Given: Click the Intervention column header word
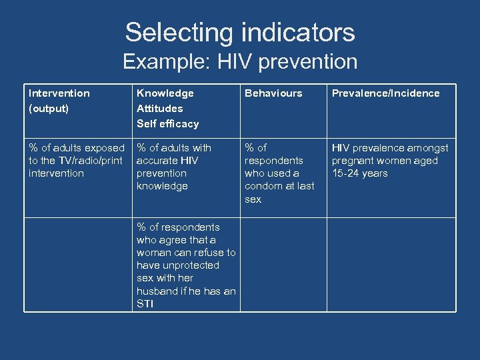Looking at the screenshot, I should click(59, 93).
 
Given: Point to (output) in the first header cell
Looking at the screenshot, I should click(48, 108).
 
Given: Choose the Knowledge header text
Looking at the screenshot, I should click(165, 93).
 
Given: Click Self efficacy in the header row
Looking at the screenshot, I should click(167, 123).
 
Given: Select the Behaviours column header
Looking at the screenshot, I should click(273, 93).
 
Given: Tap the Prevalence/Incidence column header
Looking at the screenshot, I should click(386, 93).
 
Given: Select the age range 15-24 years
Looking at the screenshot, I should click(360, 173).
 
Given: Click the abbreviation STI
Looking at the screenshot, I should click(145, 304).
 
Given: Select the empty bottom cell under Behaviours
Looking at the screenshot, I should click(283, 265).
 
